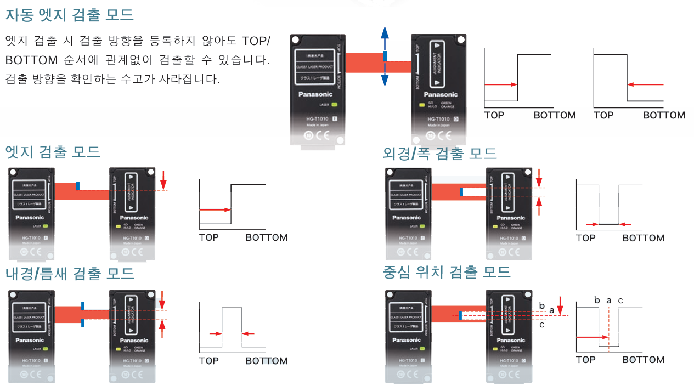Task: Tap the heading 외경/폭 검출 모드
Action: pyautogui.click(x=440, y=153)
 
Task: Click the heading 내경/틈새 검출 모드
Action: pyautogui.click(x=70, y=273)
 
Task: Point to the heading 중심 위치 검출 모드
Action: pyautogui.click(x=447, y=271)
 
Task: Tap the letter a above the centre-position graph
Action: pyautogui.click(x=609, y=301)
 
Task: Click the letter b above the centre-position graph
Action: pyautogui.click(x=597, y=301)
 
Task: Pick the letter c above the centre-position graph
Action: pyautogui.click(x=620, y=301)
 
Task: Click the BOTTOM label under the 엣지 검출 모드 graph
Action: pyautogui.click(x=267, y=237)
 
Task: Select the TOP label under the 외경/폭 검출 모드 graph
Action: pyautogui.click(x=585, y=238)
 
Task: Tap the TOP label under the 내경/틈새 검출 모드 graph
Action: pyautogui.click(x=209, y=360)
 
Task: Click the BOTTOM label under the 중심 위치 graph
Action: pyautogui.click(x=644, y=360)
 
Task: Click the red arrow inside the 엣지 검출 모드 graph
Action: pyautogui.click(x=215, y=209)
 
